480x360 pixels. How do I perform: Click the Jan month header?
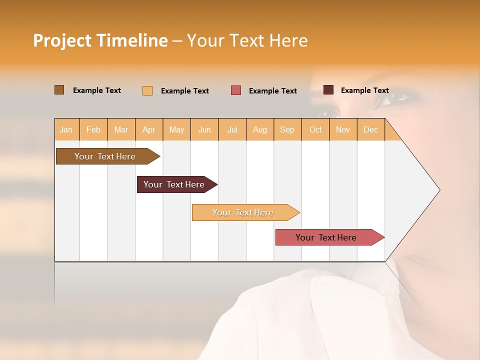pyautogui.click(x=66, y=129)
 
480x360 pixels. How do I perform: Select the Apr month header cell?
pyautogui.click(x=149, y=129)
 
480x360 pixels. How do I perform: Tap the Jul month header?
pyautogui.click(x=232, y=129)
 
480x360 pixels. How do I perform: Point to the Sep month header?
pyautogui.click(x=287, y=129)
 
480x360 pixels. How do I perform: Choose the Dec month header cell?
pyautogui.click(x=371, y=129)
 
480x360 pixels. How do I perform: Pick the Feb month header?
pyautogui.click(x=93, y=129)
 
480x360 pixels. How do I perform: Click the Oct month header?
pyautogui.click(x=315, y=129)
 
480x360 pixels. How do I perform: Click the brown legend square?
pyautogui.click(x=59, y=90)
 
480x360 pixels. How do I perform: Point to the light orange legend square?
pyautogui.click(x=147, y=90)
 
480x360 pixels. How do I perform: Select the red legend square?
pyautogui.click(x=236, y=90)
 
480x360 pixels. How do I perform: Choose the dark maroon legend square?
pyautogui.click(x=328, y=90)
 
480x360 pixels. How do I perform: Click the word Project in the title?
pyautogui.click(x=62, y=40)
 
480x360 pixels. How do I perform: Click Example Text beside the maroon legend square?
pyautogui.click(x=364, y=90)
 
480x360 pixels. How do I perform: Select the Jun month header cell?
pyautogui.click(x=204, y=129)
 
